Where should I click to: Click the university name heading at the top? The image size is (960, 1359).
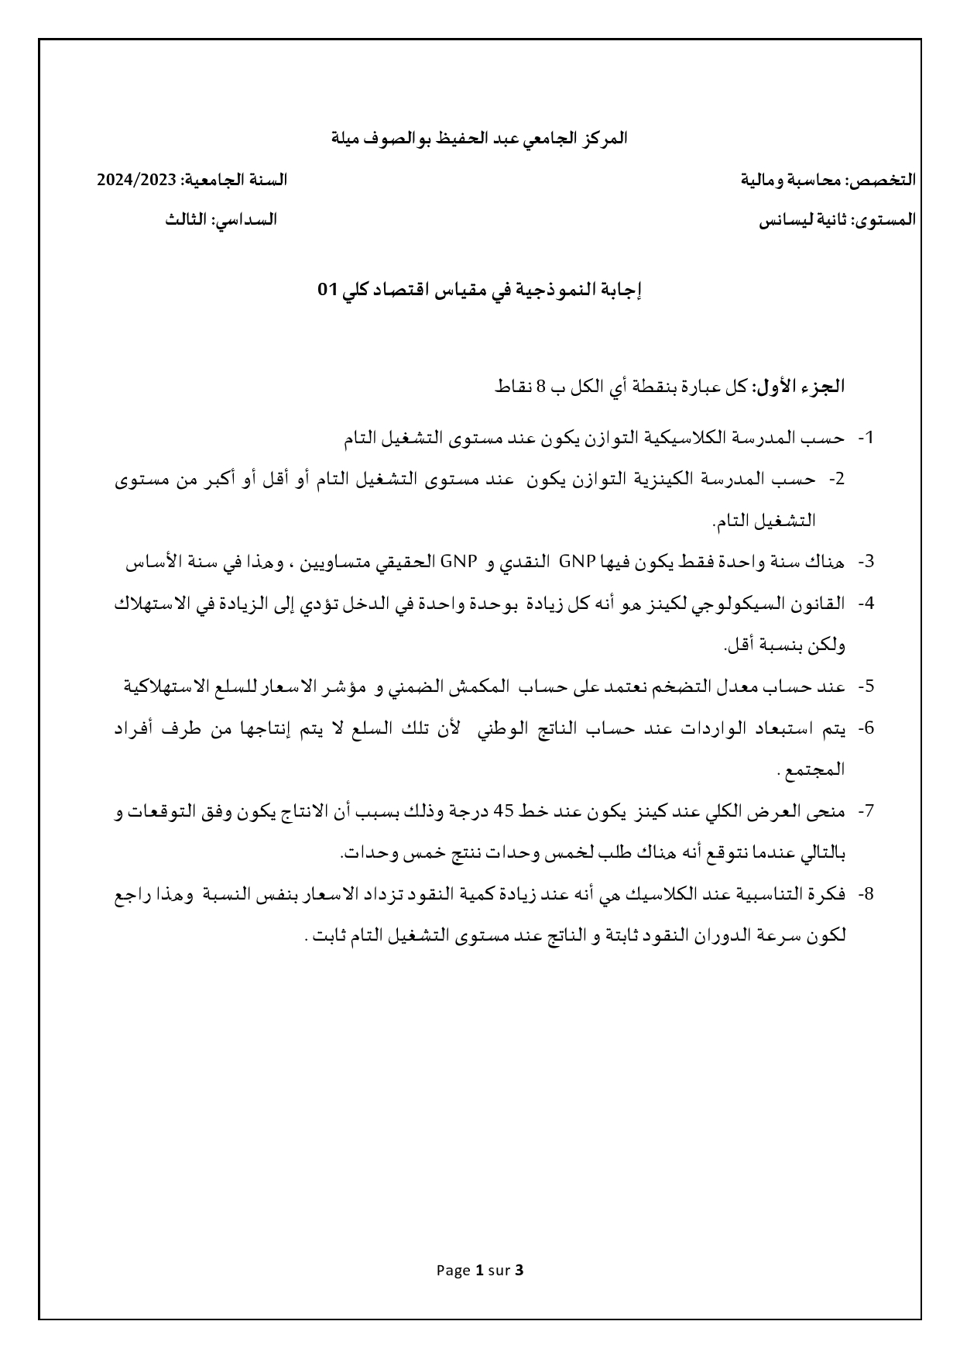(x=479, y=139)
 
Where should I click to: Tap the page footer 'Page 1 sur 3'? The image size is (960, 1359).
(x=480, y=1270)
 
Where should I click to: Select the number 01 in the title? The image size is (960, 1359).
(x=328, y=291)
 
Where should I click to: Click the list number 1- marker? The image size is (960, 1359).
(x=866, y=438)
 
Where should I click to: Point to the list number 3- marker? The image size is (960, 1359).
(x=866, y=562)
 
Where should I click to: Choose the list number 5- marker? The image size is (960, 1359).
(x=866, y=686)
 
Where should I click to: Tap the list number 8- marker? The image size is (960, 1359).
(x=866, y=893)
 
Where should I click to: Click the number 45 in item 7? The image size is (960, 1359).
(x=504, y=810)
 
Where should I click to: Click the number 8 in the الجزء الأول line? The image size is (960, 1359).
(x=540, y=387)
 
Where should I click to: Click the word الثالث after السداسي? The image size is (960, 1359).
(x=186, y=220)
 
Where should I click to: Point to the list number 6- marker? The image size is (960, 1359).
(x=866, y=728)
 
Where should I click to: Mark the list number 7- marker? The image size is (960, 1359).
(x=866, y=810)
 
